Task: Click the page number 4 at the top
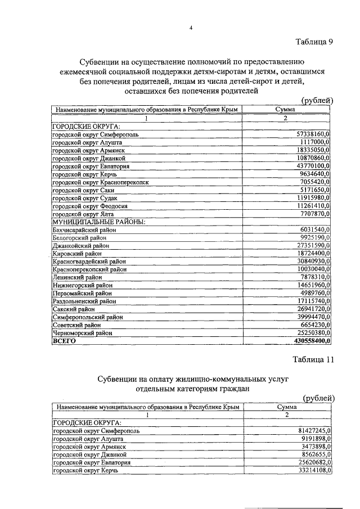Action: (x=191, y=29)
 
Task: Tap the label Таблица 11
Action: (x=313, y=361)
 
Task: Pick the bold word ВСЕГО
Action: (x=64, y=341)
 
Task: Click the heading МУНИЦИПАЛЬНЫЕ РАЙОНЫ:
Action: (x=98, y=222)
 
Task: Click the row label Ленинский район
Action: (x=77, y=277)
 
